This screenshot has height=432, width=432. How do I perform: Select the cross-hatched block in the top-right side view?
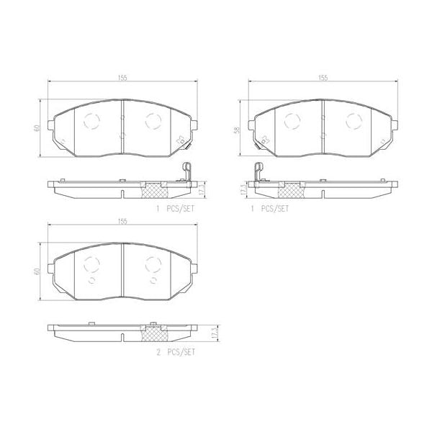coord(289,190)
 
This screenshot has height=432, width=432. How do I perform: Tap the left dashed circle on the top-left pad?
coord(91,120)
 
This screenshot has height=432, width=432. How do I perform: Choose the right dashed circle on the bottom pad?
coord(152,264)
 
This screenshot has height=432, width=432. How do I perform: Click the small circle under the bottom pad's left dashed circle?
coord(91,279)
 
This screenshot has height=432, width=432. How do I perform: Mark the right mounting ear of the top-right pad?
coord(395,127)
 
